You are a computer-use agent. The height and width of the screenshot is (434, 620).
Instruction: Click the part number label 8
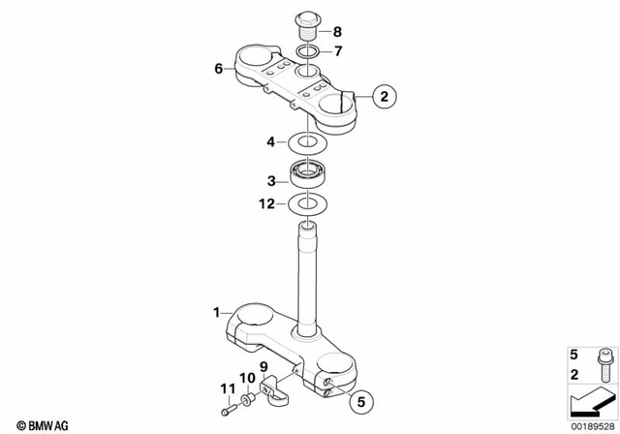(x=336, y=31)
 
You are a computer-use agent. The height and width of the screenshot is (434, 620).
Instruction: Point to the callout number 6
(x=219, y=69)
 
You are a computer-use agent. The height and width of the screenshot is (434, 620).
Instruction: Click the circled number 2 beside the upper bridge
(x=384, y=97)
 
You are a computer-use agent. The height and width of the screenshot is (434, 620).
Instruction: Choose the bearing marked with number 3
(x=309, y=177)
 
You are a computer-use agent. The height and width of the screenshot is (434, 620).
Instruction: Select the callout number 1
(x=217, y=313)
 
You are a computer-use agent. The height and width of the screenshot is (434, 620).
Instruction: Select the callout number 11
(x=227, y=389)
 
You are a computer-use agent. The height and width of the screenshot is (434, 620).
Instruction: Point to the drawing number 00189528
(x=590, y=424)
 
